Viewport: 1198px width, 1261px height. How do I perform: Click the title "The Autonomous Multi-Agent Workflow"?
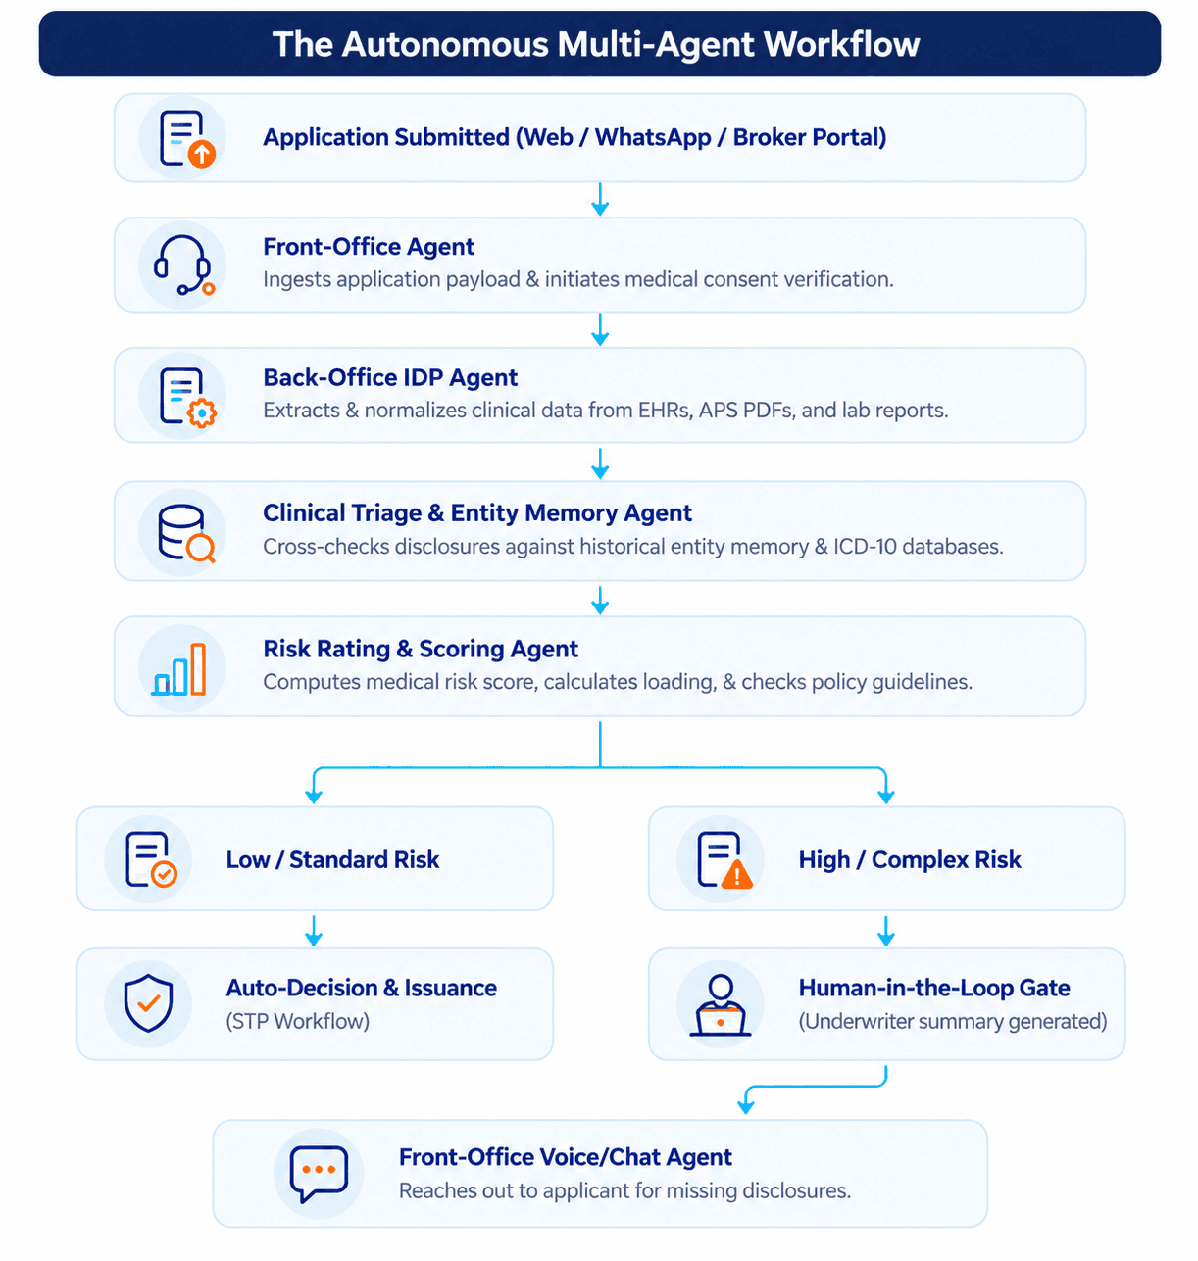coord(595,44)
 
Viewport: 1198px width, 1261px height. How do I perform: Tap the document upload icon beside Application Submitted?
coord(187,138)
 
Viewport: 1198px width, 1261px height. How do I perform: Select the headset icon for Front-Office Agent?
coord(183,265)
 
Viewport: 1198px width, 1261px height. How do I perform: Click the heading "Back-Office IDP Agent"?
coord(390,377)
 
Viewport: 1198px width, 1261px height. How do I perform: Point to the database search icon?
coord(186,532)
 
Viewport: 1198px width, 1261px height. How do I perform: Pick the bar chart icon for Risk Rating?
coord(179,669)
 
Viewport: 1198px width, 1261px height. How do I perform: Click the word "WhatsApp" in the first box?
coord(652,137)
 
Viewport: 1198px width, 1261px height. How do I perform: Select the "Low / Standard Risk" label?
coord(332,859)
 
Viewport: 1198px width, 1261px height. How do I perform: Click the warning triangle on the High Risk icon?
coord(736,874)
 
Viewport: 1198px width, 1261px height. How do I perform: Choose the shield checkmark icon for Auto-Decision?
coord(148,1002)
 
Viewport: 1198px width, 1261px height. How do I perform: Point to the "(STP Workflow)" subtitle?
coord(297,1021)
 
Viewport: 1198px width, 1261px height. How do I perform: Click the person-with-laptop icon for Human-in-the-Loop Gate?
coord(720,1004)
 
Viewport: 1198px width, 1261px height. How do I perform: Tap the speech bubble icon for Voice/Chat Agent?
coord(319,1173)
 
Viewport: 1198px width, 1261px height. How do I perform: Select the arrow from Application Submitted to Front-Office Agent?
coord(600,200)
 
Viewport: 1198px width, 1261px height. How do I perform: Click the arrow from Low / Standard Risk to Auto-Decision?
coord(314,931)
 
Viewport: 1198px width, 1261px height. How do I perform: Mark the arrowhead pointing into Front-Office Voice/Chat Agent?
coord(745,1106)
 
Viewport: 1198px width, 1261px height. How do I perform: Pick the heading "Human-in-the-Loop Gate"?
coord(933,988)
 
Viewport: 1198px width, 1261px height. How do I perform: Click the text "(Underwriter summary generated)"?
coord(953,1021)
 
